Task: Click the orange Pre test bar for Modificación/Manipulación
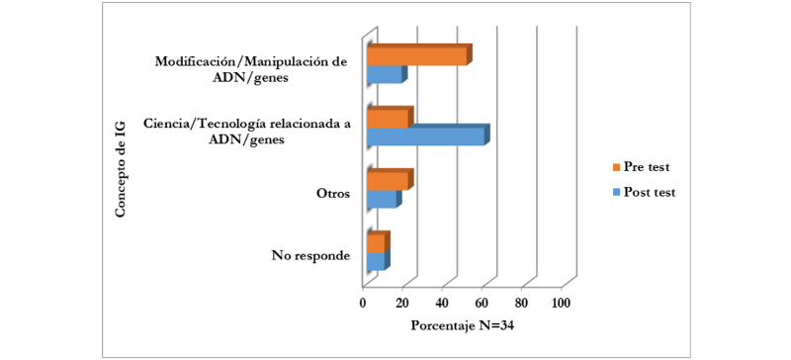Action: coord(415,56)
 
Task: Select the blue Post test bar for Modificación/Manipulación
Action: coord(384,74)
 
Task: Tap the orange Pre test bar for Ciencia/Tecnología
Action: coord(387,119)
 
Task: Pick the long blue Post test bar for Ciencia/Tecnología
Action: coord(425,136)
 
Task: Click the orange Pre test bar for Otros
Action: coord(387,181)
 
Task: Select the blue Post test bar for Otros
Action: coord(381,199)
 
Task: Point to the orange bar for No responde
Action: coord(375,243)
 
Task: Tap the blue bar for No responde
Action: coord(375,261)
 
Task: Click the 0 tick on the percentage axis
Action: coord(364,302)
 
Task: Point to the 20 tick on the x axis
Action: coord(402,302)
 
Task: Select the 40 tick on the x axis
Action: coord(442,302)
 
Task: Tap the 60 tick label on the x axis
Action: coord(482,302)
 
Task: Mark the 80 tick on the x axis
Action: coord(521,302)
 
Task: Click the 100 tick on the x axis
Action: coord(561,302)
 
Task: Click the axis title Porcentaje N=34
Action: coord(460,326)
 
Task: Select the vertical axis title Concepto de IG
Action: coord(121,166)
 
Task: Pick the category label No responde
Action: coord(309,256)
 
